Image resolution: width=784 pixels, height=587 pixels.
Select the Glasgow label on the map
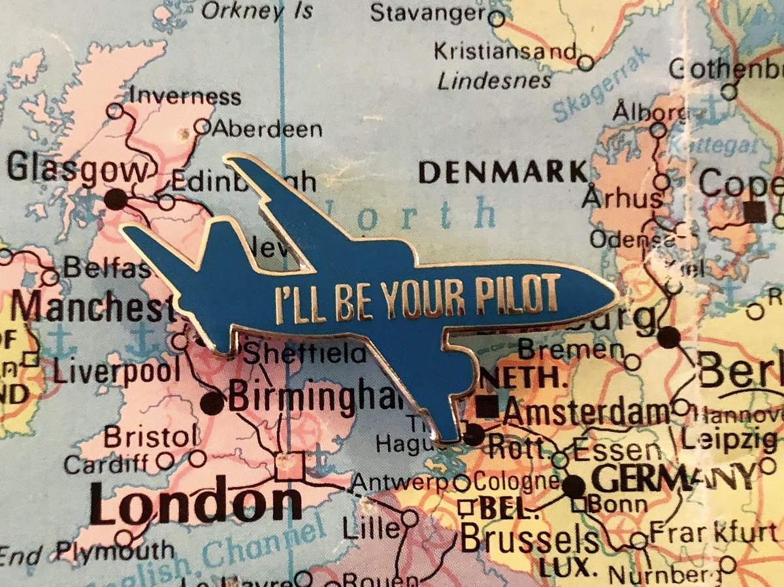pos(78,172)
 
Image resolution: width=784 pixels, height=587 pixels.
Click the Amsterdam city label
pos(587,412)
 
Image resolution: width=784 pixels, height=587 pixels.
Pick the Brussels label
pos(530,540)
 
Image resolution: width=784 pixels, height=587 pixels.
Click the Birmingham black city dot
pos(212,403)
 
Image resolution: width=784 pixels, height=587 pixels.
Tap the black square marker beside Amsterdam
pos(487,406)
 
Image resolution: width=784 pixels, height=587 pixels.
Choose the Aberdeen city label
pos(267,128)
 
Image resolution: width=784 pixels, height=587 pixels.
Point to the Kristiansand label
pos(506,50)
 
